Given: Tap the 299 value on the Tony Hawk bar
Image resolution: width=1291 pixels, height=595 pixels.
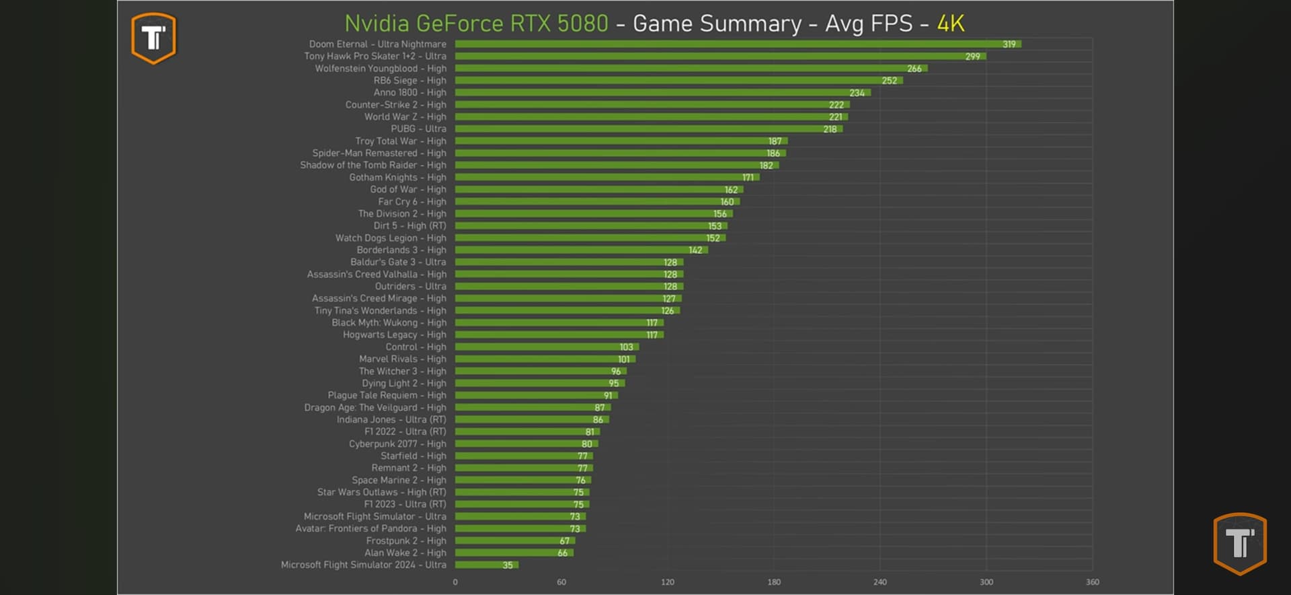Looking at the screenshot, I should coord(972,57).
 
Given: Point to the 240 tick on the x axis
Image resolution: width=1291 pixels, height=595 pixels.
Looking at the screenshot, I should coord(879,582).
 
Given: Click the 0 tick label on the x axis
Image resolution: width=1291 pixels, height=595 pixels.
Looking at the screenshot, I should coord(455,582).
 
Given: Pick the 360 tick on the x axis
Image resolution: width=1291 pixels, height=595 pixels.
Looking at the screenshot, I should coord(1092,582).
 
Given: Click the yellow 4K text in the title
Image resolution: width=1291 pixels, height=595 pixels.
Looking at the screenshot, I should coord(950,24).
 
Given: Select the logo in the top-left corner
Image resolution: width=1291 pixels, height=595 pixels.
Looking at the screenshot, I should coord(153,38).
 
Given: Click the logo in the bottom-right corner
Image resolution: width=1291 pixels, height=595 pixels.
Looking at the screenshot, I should coord(1239,543).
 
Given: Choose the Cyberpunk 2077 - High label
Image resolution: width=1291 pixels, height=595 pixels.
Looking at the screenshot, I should coord(397,444).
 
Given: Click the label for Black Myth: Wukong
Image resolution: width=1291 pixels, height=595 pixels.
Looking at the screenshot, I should coord(388,322).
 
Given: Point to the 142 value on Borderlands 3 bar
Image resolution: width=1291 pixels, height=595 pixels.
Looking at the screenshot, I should coord(695,250).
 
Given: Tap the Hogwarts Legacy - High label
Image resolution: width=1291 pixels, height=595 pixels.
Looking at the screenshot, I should coord(394,335).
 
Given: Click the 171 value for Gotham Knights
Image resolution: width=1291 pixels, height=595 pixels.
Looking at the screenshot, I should coord(748,178).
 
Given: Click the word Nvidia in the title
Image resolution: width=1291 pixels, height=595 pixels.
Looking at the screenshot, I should coord(377,24).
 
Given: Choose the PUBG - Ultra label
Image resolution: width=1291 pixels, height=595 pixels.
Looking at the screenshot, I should coord(418,129).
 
